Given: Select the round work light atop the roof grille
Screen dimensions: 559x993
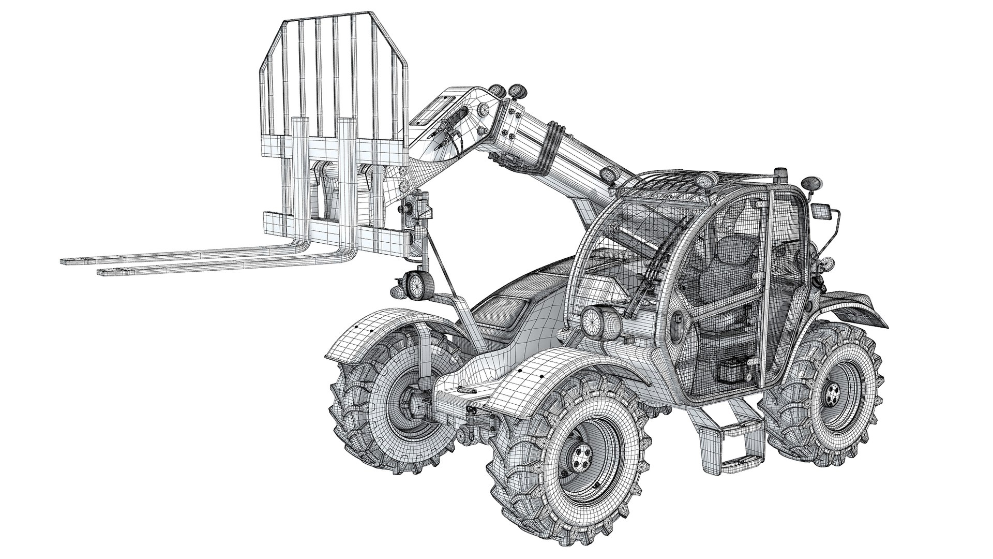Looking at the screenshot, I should click(x=704, y=180).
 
